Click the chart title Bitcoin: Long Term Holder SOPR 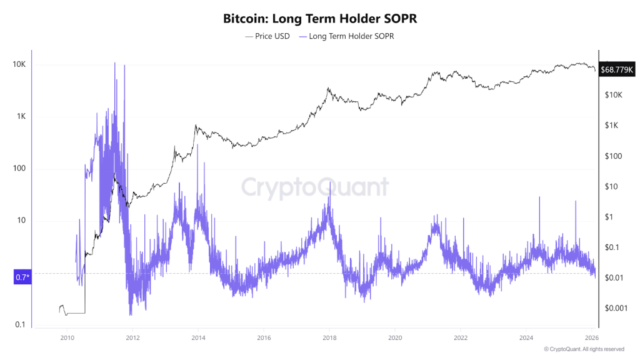pos(319,19)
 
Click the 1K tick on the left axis pos(21,117)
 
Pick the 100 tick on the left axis pos(20,169)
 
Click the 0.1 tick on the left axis pos(20,324)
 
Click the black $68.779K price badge pos(617,69)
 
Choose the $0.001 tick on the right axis pos(615,308)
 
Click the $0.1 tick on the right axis pos(612,247)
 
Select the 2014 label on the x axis pos(198,337)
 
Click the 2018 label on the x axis pos(329,337)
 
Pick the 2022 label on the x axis pos(460,337)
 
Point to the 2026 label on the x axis pos(591,337)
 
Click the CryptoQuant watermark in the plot pos(315,187)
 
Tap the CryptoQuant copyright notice pos(584,349)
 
